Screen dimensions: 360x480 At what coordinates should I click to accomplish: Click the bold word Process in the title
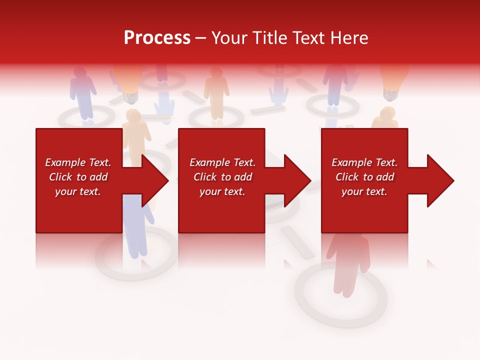click(x=157, y=38)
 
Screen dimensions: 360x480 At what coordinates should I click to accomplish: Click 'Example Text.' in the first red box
click(x=78, y=162)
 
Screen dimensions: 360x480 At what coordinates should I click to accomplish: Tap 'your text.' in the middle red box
click(x=222, y=191)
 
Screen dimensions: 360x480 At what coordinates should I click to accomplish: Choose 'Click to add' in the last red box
click(x=364, y=177)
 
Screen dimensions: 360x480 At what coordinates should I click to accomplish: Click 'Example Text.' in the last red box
click(x=364, y=162)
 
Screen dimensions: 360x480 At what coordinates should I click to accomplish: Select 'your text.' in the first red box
click(x=78, y=191)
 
